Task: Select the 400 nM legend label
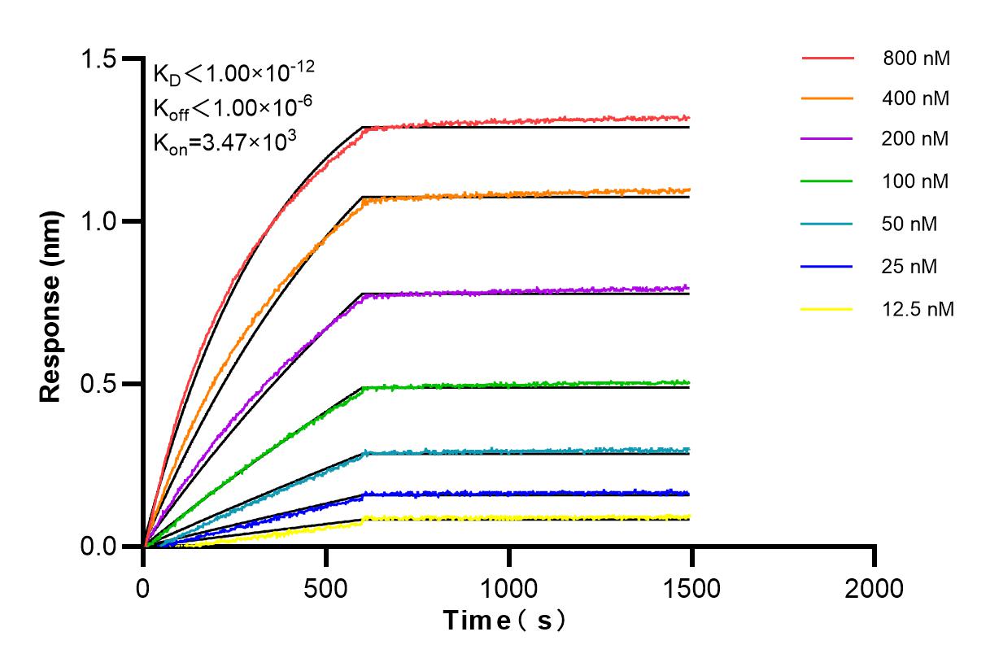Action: [915, 99]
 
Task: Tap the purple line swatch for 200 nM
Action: [827, 139]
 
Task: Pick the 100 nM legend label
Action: [915, 181]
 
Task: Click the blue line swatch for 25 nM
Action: [827, 266]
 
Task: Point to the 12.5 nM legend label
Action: [918, 309]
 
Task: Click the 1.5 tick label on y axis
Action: [98, 59]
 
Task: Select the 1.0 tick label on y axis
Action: [98, 221]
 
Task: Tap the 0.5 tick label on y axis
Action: [98, 384]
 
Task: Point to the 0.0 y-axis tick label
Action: [98, 546]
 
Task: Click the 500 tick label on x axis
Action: [326, 588]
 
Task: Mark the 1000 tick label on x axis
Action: [509, 588]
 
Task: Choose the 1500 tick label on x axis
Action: [691, 588]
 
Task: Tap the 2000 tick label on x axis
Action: [874, 588]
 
